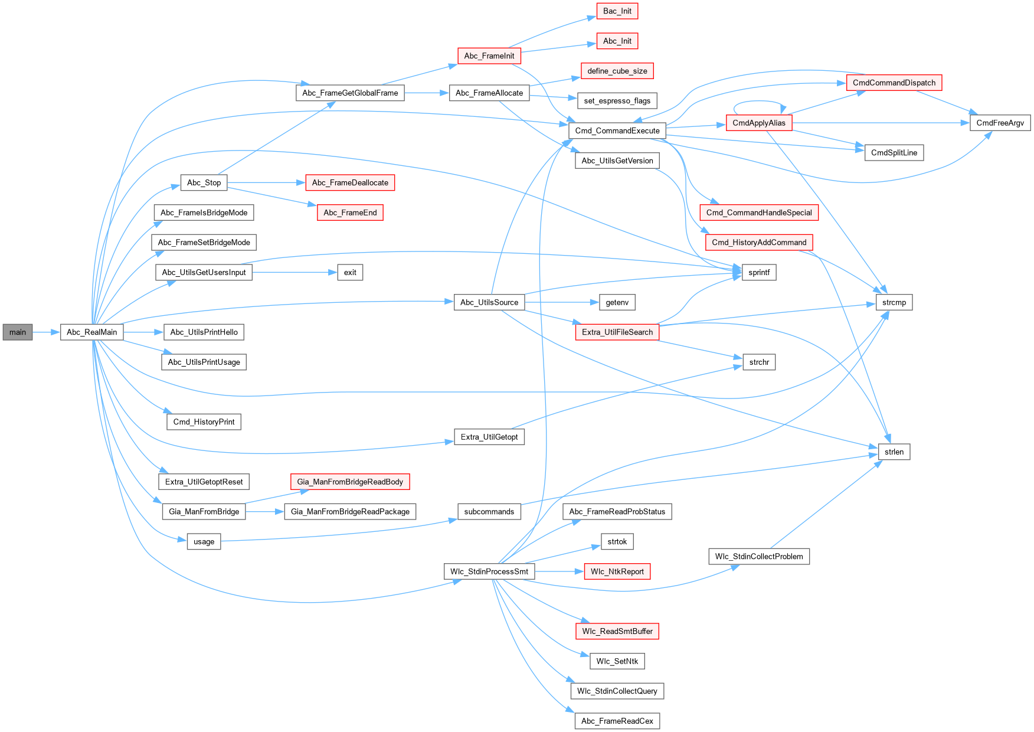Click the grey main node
[x=18, y=332]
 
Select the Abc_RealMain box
[x=91, y=332]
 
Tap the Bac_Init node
[x=617, y=11]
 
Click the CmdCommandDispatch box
[x=894, y=83]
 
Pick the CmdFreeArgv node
[x=1000, y=123]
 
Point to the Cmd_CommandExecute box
[x=617, y=131]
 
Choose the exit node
[x=350, y=273]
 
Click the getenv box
[x=617, y=303]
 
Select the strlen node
[x=894, y=452]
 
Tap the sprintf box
[x=759, y=273]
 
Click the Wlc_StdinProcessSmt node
[x=489, y=571]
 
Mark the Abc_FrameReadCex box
[x=617, y=721]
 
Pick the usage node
[x=204, y=542]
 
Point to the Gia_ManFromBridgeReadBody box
[x=350, y=482]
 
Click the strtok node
[x=617, y=542]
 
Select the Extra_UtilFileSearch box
[x=617, y=332]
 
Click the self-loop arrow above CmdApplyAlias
[x=758, y=102]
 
